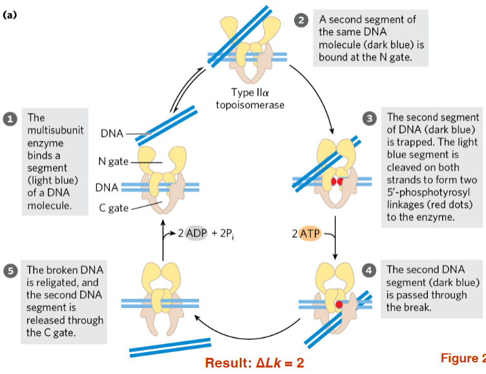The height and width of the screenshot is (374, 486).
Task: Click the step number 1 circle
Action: coord(10,119)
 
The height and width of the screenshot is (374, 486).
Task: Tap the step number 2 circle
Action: coord(301,19)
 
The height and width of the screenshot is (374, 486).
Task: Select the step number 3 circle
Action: coord(370,118)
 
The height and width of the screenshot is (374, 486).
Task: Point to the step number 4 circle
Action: coord(370,269)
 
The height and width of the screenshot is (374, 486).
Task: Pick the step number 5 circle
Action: coord(10,271)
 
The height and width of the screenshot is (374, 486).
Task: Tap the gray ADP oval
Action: coord(196,233)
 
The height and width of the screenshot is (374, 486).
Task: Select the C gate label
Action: coord(114,207)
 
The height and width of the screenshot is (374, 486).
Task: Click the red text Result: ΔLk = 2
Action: coord(254,362)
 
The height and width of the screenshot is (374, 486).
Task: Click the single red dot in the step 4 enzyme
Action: coord(338,304)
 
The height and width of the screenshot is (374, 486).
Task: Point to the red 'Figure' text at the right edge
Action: coord(462,358)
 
